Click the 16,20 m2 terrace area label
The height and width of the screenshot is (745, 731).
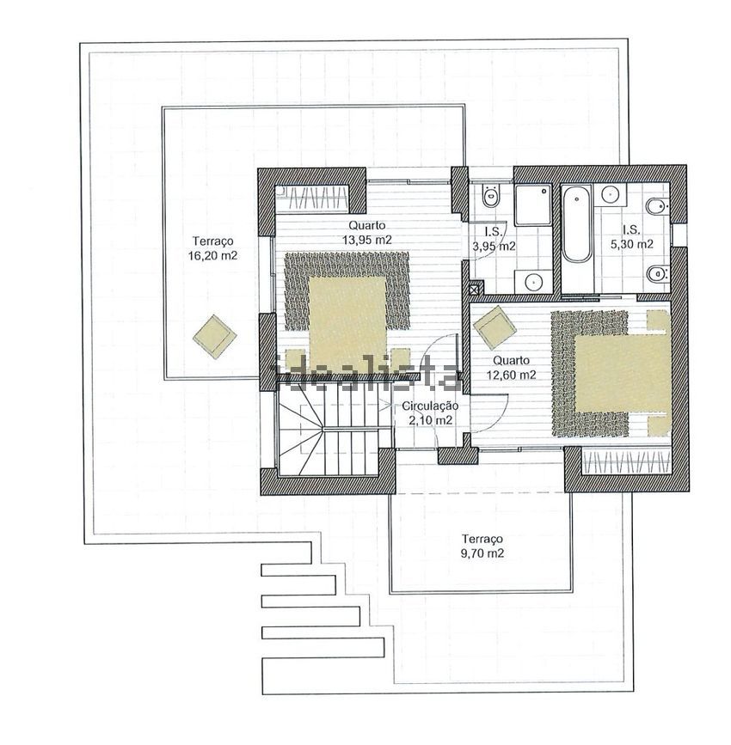coord(212,255)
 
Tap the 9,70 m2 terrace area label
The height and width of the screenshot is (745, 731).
coord(482,553)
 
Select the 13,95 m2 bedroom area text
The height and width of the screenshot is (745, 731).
coord(366,240)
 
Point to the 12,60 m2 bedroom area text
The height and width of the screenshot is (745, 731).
coord(511,375)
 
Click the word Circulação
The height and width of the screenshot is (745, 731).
coord(430,406)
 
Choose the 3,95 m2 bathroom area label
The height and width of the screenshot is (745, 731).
coord(494,246)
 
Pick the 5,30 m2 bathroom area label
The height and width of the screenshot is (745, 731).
coord(631,244)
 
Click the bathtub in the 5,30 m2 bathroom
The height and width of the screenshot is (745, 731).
coord(576,223)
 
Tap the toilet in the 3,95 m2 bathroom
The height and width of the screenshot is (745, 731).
coord(489,195)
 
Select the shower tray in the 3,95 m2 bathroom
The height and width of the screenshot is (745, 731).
coord(532,205)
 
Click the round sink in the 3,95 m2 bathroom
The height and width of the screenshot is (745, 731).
coord(533,282)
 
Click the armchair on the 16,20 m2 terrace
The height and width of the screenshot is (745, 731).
coord(214,336)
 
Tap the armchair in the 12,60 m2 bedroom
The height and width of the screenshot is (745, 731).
coord(496,328)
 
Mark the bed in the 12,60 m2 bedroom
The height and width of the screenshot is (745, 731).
coord(623,374)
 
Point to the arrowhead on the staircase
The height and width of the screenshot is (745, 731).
coord(385,406)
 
